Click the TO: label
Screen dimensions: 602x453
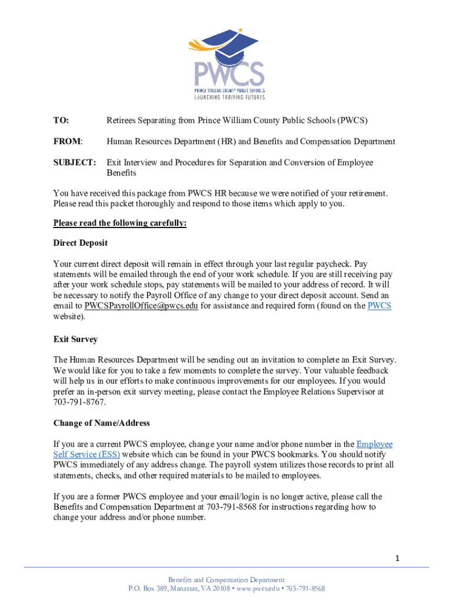pos(61,121)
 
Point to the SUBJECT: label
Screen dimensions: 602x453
pos(75,162)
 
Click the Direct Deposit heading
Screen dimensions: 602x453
pos(81,243)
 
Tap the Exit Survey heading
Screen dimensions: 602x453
pos(75,339)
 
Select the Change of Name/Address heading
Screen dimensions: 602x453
pos(102,423)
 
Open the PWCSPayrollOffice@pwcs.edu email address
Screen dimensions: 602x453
pos(141,306)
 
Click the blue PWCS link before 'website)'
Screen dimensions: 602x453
pos(379,306)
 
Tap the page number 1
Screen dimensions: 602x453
pos(398,558)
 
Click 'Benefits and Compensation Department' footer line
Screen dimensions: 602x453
pos(226,580)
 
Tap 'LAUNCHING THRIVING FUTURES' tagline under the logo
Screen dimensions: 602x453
pos(230,97)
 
